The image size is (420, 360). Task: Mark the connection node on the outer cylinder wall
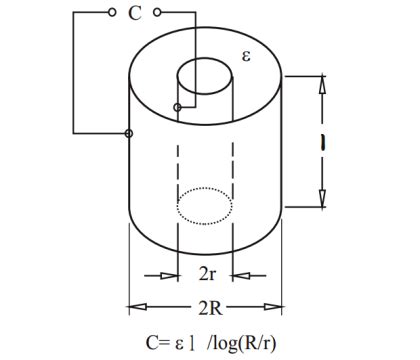tap(129, 133)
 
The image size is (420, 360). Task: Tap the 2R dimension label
tap(207, 304)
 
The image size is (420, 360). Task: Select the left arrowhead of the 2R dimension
tap(136, 304)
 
